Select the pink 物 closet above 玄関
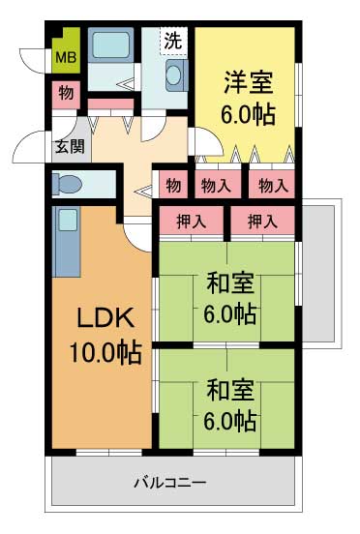click(x=65, y=94)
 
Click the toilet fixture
click(x=70, y=183)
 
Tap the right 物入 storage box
click(x=271, y=184)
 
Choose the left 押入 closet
click(x=191, y=222)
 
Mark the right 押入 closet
click(x=261, y=222)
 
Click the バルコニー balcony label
click(x=169, y=481)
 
